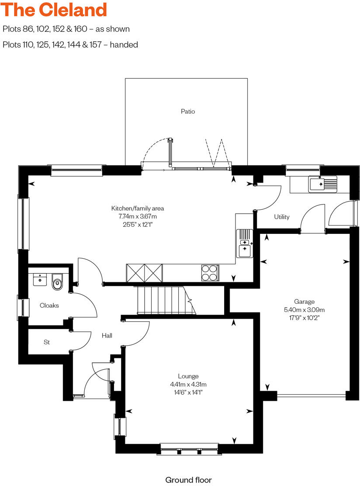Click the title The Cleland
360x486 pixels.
pyautogui.click(x=54, y=10)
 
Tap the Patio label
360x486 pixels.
pyautogui.click(x=188, y=111)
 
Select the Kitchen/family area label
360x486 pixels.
pyautogui.click(x=138, y=208)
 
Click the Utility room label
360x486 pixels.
pyautogui.click(x=282, y=217)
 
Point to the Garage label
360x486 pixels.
pyautogui.click(x=304, y=302)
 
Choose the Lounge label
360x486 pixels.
pyautogui.click(x=188, y=376)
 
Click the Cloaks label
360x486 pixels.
pyautogui.click(x=49, y=305)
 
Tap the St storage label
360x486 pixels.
pyautogui.click(x=47, y=342)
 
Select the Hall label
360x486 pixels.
pyautogui.click(x=107, y=336)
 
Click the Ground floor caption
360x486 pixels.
pyautogui.click(x=188, y=480)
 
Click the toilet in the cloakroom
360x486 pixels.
pyautogui.click(x=57, y=283)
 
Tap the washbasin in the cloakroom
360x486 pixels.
pyautogui.click(x=40, y=279)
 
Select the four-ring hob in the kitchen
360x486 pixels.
pyautogui.click(x=211, y=273)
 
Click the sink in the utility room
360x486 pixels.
pyautogui.click(x=322, y=184)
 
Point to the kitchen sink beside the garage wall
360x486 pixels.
pyautogui.click(x=244, y=243)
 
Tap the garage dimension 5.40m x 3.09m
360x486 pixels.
pyautogui.click(x=304, y=309)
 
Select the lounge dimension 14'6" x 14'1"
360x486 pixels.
pyautogui.click(x=188, y=392)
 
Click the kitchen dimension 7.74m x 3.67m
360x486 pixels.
pyautogui.click(x=138, y=216)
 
